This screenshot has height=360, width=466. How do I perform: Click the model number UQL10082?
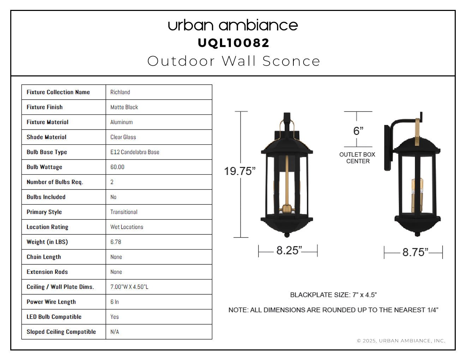coord(233,43)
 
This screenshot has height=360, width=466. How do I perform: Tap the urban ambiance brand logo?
coord(233,25)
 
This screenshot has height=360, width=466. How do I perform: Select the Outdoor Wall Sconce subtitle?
coord(234,61)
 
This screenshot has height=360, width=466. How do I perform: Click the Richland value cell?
coord(120,92)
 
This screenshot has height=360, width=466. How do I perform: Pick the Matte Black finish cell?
coord(124,107)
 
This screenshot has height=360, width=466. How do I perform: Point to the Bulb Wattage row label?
coord(44,167)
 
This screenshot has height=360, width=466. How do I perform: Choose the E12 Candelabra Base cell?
coord(135,152)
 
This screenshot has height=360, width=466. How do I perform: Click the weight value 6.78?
coord(115,242)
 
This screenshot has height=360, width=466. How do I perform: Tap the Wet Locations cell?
coord(126,227)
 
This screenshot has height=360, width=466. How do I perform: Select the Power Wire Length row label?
coord(51,302)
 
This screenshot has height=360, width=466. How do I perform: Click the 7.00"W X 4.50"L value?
coord(129,287)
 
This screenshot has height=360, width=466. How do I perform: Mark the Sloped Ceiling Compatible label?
coord(61,332)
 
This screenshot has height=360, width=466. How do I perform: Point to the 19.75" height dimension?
coord(240,171)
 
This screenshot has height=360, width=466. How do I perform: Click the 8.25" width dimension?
coord(289,250)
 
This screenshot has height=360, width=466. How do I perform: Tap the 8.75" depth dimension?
coord(415,252)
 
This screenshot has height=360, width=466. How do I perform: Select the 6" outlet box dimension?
coord(358,131)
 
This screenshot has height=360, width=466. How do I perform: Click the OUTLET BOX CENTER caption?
coord(357,158)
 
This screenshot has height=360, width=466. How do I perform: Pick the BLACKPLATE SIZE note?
coord(333,295)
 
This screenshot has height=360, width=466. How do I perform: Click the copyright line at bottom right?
coord(401,341)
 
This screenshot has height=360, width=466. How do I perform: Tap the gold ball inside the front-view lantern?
coord(287,208)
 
